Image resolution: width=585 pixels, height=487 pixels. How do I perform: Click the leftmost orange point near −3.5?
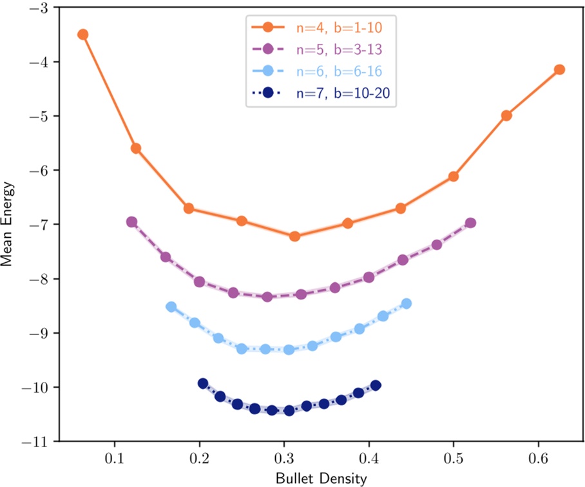coord(82,35)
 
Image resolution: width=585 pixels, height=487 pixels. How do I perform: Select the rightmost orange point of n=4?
coord(559,70)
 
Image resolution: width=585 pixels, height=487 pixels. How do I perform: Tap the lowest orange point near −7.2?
coord(294,236)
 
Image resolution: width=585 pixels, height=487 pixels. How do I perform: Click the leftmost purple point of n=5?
coord(131,222)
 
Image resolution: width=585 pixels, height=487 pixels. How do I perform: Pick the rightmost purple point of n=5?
coord(470,223)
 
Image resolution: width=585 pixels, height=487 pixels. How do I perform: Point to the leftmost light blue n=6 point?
coord(171,307)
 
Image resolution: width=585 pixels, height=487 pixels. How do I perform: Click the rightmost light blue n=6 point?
coord(407,303)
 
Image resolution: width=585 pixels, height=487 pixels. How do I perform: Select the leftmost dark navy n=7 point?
coord(203,383)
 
